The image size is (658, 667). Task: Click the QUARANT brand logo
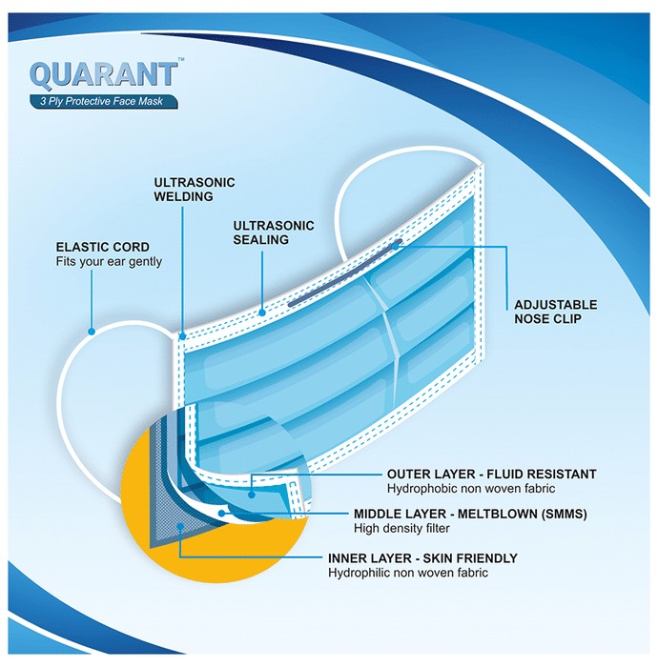(x=103, y=75)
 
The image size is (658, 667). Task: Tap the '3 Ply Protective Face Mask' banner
(x=103, y=101)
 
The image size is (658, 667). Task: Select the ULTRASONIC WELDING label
(x=195, y=190)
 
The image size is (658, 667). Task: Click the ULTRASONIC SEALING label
(x=274, y=232)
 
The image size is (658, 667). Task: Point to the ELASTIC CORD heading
(x=103, y=247)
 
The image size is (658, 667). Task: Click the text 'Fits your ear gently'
(x=109, y=262)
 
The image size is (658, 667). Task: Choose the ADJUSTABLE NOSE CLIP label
(x=555, y=312)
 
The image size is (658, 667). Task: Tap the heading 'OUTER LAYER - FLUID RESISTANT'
(x=491, y=474)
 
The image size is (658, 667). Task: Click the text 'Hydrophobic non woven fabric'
(x=471, y=488)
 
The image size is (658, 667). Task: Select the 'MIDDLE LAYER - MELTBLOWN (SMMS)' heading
(x=470, y=514)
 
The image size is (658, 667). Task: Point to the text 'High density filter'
(x=401, y=528)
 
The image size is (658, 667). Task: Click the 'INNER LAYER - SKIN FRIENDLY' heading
(x=422, y=558)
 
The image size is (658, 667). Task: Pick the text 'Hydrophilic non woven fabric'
(x=408, y=573)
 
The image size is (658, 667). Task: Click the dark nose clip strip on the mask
(x=345, y=273)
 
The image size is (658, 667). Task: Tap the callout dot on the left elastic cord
(x=92, y=332)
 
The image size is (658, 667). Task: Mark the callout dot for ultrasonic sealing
(x=262, y=313)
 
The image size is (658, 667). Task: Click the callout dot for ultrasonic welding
(x=182, y=336)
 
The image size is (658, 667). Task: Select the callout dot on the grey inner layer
(x=180, y=527)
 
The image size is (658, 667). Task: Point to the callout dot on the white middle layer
(x=221, y=514)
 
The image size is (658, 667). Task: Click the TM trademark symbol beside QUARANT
(x=181, y=59)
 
